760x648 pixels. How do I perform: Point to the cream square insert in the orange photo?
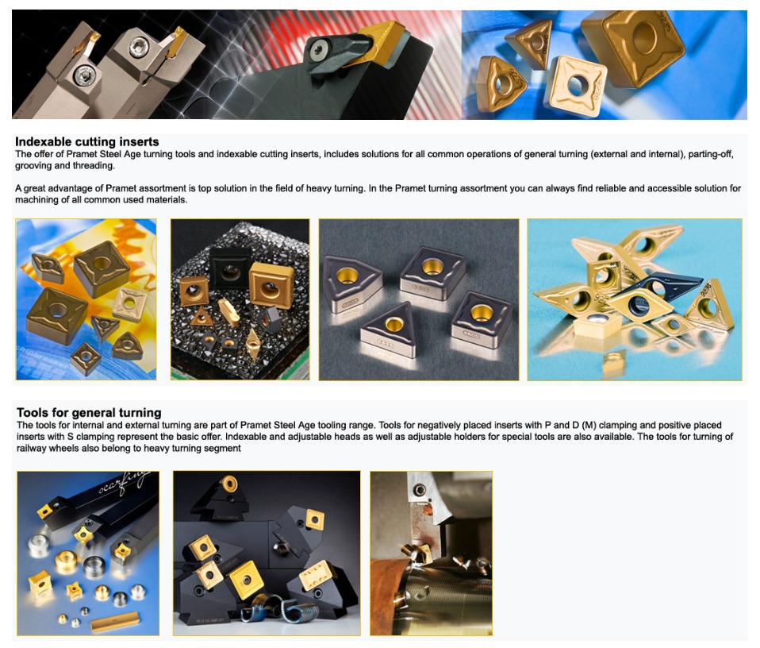coord(129,303)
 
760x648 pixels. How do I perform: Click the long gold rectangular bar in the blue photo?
coord(115,622)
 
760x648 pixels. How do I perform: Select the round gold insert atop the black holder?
coord(228,484)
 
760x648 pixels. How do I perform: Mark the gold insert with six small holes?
coord(317,575)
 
